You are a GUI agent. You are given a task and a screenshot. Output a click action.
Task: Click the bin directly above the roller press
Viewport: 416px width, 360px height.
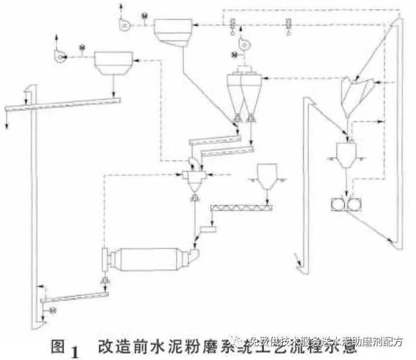[346, 151]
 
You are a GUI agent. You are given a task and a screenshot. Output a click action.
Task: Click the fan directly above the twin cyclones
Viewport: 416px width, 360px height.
[244, 44]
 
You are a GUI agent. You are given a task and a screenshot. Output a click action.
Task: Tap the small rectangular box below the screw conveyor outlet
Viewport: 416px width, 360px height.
[209, 228]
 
